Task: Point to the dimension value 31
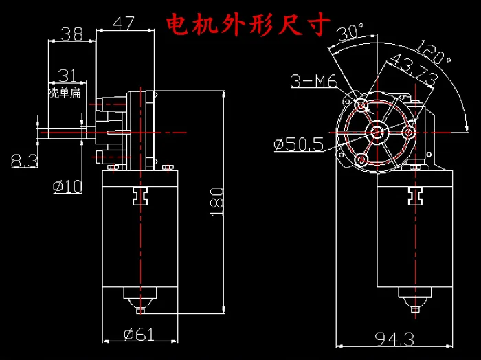point(67,74)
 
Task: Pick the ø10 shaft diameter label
point(67,185)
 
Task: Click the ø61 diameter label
point(139,335)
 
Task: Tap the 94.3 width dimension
point(396,339)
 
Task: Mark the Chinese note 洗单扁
point(64,93)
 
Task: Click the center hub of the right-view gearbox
point(377,131)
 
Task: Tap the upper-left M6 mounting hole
point(361,104)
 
